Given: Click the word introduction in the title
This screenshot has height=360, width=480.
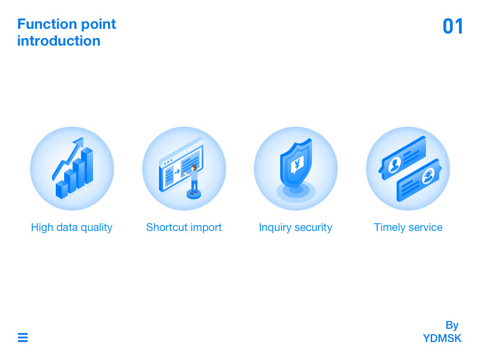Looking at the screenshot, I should pos(59,41).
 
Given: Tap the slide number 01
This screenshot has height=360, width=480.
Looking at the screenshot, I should pos(453,26).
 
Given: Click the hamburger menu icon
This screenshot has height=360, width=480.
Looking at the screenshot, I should pos(23,338).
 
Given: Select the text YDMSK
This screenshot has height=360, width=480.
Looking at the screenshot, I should pos(442,338).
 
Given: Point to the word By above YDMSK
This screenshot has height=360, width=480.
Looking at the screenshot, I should pos(452,325).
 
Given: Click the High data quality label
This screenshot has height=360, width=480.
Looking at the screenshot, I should pos(72,227).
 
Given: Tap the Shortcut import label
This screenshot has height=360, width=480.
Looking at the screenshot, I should pos(184,227).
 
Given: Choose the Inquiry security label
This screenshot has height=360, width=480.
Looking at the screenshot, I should pos(295,227).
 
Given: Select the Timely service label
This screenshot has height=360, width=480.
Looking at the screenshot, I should pos(408,227).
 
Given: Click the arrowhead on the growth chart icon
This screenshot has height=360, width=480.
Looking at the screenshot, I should pos(78,143).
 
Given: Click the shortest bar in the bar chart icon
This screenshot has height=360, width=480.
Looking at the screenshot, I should pos(61,190).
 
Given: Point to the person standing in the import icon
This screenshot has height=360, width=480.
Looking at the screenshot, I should pos(194,178).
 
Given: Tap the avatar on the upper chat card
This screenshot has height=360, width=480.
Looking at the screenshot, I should pos(394,164).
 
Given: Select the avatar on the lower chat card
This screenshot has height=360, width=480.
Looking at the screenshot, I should pos(428,175).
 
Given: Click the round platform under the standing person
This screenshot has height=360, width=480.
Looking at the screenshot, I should pos(194,194).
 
